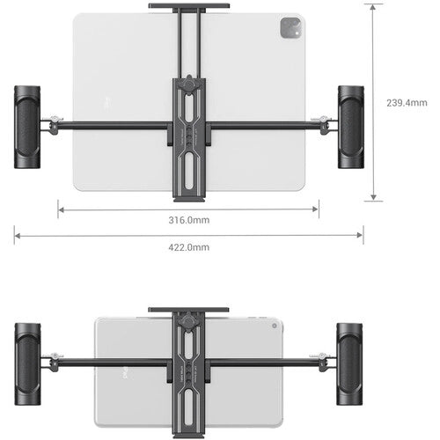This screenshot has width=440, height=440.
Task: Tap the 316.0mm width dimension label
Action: click(189, 220)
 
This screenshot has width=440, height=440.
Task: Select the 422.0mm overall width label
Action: click(189, 247)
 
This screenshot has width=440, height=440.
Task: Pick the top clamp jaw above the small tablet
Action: click(189, 311)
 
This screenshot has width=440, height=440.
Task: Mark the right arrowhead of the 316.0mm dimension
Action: click(317, 209)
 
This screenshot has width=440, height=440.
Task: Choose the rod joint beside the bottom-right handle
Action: click(324, 360)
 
